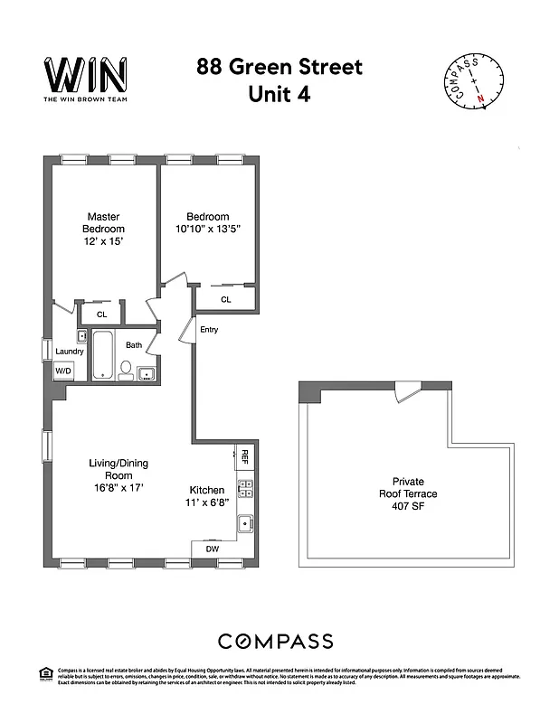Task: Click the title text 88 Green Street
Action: (279, 67)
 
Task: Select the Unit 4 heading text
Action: (279, 94)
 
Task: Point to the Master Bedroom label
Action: (103, 229)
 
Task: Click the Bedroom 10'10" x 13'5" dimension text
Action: (207, 229)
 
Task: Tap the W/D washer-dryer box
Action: (63, 371)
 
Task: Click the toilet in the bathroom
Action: (127, 370)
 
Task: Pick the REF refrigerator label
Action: (243, 456)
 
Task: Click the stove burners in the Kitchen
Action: (244, 490)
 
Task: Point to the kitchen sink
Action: (243, 523)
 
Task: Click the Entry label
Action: (209, 330)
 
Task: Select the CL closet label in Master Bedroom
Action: (101, 315)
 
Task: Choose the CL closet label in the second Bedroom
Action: (225, 299)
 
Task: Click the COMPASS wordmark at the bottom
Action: (276, 642)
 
